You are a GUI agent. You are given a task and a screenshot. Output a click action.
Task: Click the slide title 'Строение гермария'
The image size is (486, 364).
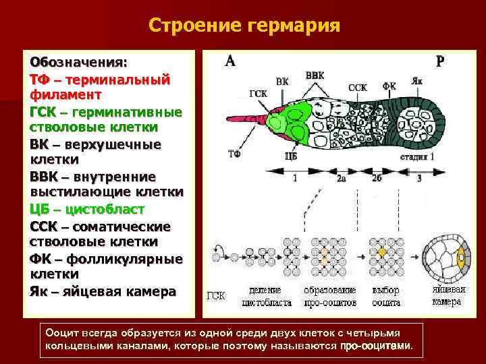point(244,26)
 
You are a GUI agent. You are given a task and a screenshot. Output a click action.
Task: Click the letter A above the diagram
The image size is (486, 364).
point(230,61)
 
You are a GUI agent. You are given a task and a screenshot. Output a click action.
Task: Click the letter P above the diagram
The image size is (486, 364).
point(440,61)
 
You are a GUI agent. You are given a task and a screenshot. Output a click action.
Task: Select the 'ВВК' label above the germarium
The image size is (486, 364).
point(315,75)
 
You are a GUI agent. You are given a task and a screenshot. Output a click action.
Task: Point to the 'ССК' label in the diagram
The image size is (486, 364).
point(357,88)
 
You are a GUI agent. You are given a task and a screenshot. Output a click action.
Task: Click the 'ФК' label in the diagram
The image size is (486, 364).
point(389,86)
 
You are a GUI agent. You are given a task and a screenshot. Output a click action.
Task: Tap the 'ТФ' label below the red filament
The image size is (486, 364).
point(234,154)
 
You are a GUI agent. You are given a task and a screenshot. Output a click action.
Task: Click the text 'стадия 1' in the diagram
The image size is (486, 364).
point(417,156)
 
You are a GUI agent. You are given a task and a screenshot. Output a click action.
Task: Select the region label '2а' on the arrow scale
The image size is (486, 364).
point(342,179)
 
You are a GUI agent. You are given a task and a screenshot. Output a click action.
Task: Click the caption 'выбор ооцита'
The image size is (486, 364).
point(386,296)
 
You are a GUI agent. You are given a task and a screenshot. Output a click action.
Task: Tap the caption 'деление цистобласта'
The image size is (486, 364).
point(269,296)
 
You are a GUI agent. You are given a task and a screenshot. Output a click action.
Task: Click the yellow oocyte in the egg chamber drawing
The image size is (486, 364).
point(462,257)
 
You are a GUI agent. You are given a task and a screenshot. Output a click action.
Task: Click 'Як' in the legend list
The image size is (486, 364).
point(39,291)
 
